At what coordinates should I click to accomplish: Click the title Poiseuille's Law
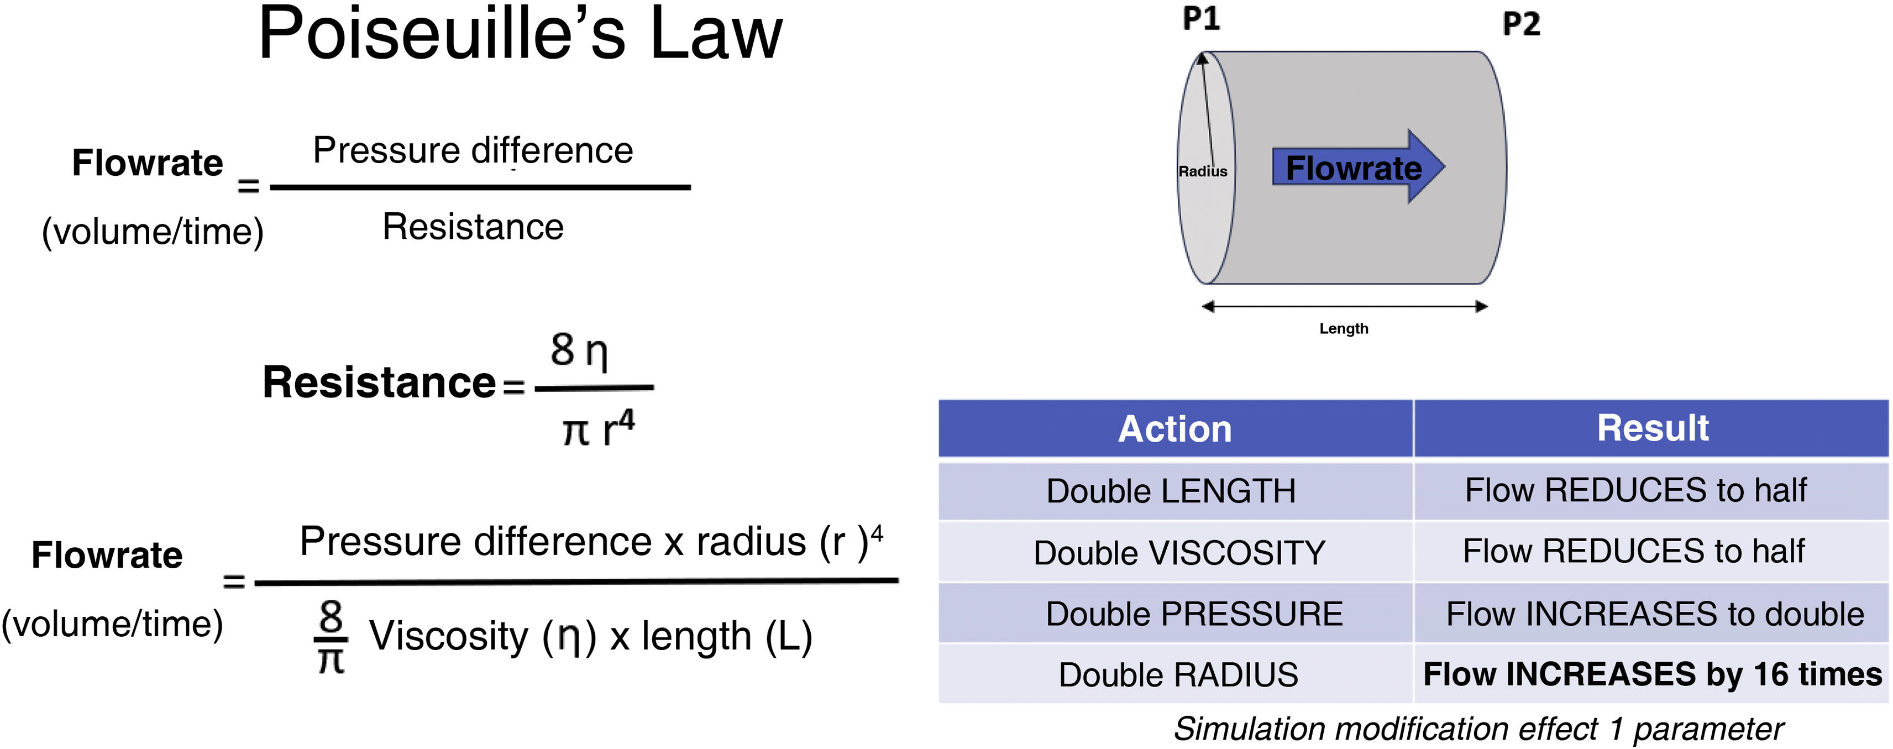[520, 34]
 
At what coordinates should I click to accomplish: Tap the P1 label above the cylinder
[1201, 18]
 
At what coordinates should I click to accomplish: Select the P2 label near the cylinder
[1520, 24]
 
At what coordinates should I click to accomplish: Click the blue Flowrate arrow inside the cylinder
[1354, 167]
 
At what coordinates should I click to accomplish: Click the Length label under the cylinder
[1343, 328]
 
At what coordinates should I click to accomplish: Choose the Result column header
[1652, 428]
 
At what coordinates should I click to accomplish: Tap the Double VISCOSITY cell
[1179, 553]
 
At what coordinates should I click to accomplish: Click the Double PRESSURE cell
[1193, 614]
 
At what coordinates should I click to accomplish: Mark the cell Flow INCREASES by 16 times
[1652, 674]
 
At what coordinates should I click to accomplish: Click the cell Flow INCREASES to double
[1654, 614]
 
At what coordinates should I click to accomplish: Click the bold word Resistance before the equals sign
[379, 383]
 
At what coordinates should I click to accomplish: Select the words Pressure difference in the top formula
[473, 151]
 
